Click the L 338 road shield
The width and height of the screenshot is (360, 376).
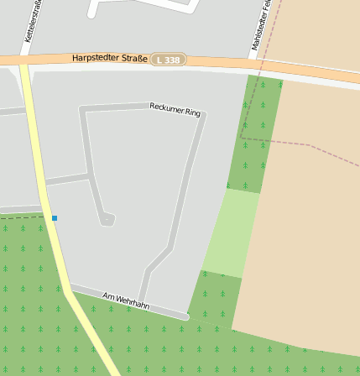tap(168, 60)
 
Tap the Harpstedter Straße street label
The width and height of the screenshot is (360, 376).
tap(110, 58)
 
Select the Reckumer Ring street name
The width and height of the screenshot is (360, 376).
tap(175, 109)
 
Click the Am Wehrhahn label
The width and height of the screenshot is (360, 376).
tap(126, 300)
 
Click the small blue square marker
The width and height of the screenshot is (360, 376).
tap(55, 218)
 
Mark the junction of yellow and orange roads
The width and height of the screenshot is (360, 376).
tap(23, 61)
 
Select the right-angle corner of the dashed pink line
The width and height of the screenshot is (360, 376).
tap(242, 138)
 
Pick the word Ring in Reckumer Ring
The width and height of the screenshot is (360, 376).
tap(192, 112)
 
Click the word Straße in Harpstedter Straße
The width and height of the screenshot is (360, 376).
tap(130, 58)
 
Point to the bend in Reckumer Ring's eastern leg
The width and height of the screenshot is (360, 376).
tap(171, 247)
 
